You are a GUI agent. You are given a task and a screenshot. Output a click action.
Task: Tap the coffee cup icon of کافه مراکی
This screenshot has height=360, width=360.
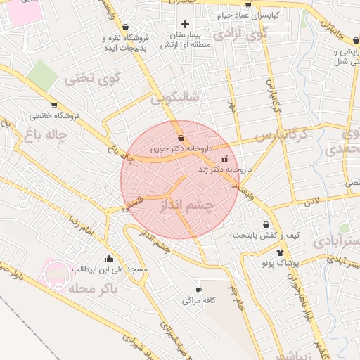point(198,290)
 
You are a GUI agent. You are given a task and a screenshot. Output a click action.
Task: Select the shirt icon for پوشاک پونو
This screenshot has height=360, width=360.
point(281,252)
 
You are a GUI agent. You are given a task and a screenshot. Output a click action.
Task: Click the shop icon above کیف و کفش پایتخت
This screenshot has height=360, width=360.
point(266,224)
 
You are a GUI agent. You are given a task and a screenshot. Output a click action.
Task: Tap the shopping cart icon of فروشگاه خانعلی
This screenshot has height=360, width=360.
point(54,105)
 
